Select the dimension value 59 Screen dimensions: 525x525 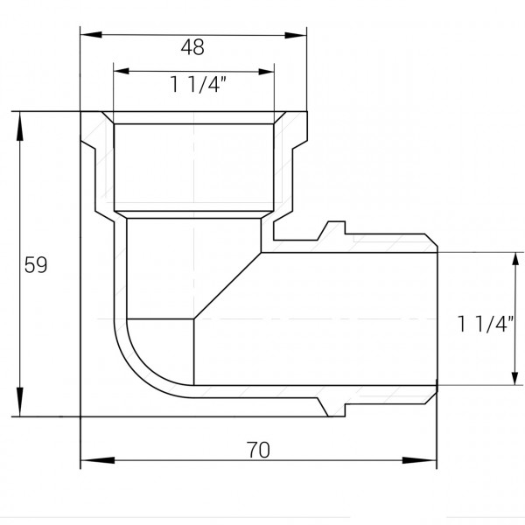click(35, 264)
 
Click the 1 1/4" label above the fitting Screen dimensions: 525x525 click(194, 87)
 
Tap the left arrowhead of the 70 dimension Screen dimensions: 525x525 click(88, 459)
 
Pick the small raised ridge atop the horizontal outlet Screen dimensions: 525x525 click(330, 229)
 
